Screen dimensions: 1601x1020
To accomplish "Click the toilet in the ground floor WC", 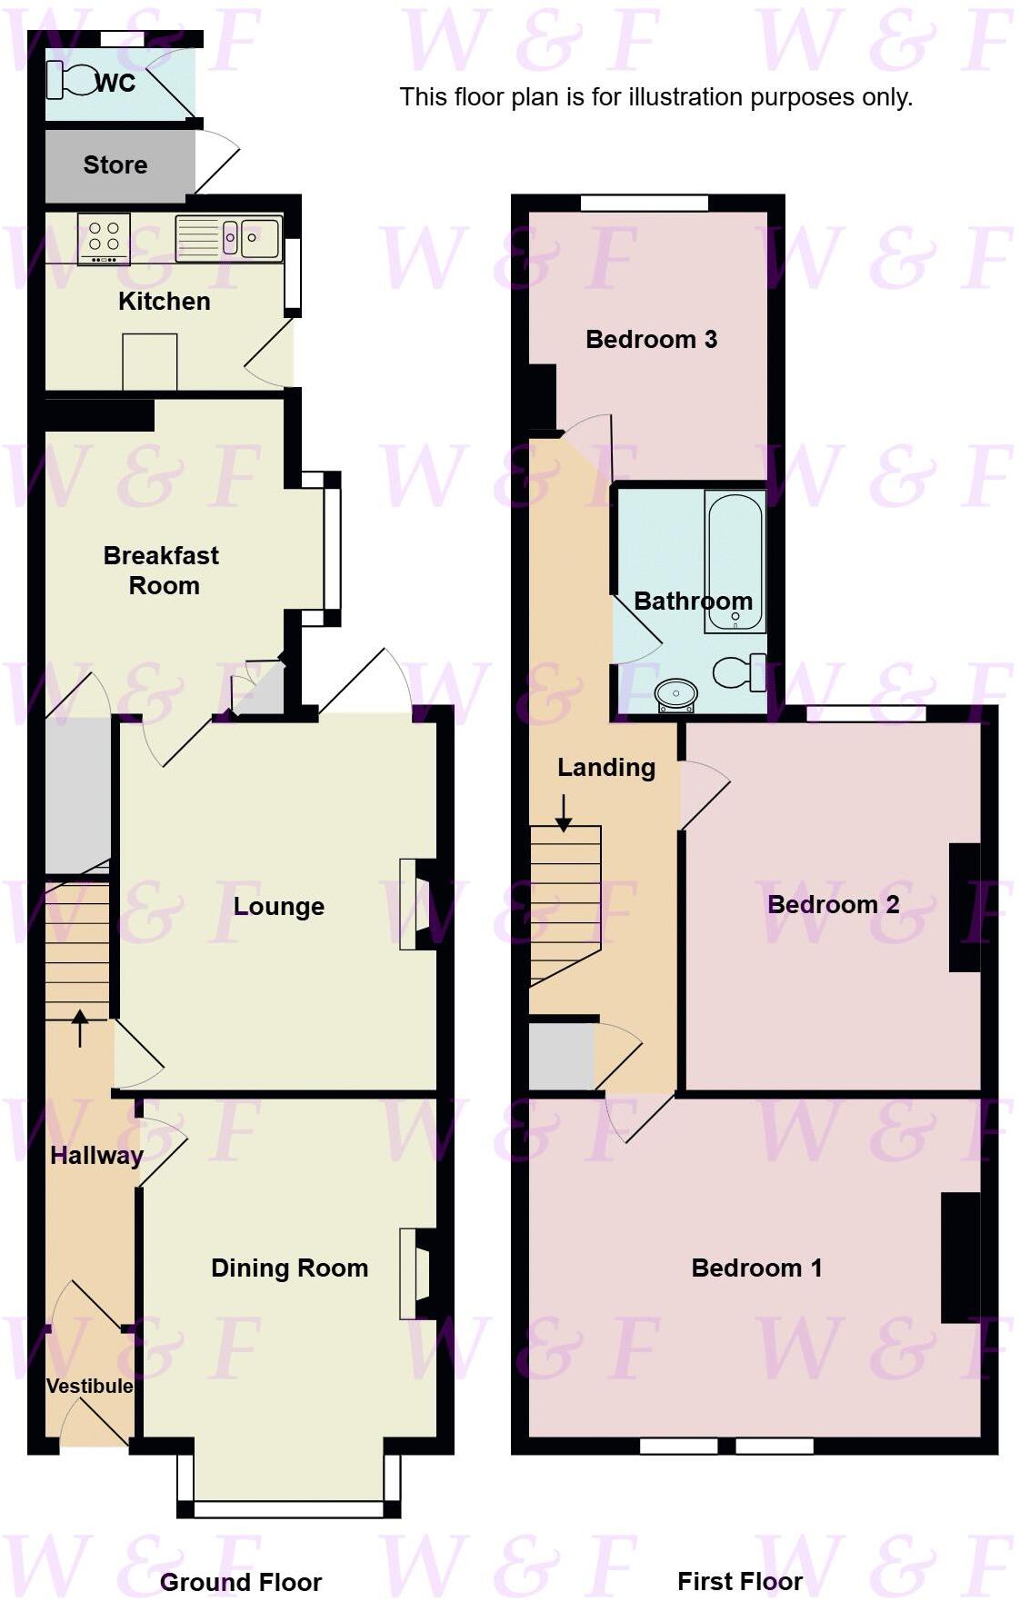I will tap(71, 80).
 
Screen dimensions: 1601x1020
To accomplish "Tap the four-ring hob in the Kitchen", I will tap(104, 238).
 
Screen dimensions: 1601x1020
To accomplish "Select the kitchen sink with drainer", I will tap(228, 238).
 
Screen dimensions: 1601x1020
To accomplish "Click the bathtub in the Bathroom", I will tap(735, 562).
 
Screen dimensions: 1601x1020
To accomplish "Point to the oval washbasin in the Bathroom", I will tap(675, 696).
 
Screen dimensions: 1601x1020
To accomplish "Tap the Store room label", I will tap(115, 164).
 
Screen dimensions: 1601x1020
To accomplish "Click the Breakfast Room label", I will tap(162, 570).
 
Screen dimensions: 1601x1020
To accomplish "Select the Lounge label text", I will tap(278, 906).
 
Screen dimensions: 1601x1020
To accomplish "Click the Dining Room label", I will tap(289, 1268).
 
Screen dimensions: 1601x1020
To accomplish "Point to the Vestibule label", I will tap(89, 1386).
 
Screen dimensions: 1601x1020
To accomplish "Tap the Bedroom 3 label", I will tap(651, 339).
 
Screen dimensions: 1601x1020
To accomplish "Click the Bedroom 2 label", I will tap(833, 904).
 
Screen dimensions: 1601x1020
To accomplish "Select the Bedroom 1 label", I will tap(756, 1268).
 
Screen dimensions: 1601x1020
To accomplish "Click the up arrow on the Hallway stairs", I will tap(80, 1028).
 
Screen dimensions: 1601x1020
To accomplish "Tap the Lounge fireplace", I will tap(417, 904).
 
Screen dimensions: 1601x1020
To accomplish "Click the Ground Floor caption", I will tap(240, 1582).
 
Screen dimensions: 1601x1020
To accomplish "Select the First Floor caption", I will tap(739, 1581).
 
